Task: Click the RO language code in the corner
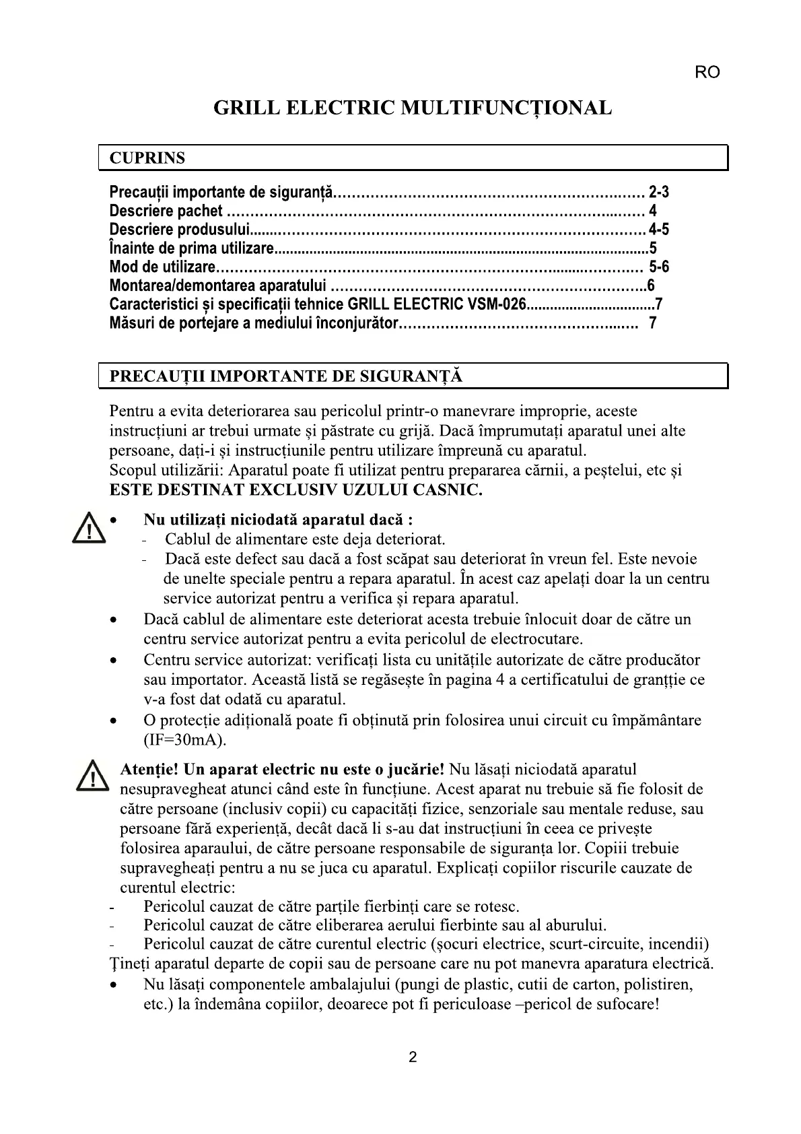707,73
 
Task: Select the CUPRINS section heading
147,158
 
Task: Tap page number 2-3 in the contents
658,193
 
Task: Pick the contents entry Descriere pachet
166,211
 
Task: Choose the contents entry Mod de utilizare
162,267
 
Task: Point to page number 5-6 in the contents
659,267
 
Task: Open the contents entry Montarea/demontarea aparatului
217,286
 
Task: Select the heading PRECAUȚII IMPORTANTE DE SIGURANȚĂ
286,376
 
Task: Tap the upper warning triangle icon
88,529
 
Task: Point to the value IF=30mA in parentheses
185,740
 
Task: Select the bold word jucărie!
415,769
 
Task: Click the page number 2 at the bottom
413,1057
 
